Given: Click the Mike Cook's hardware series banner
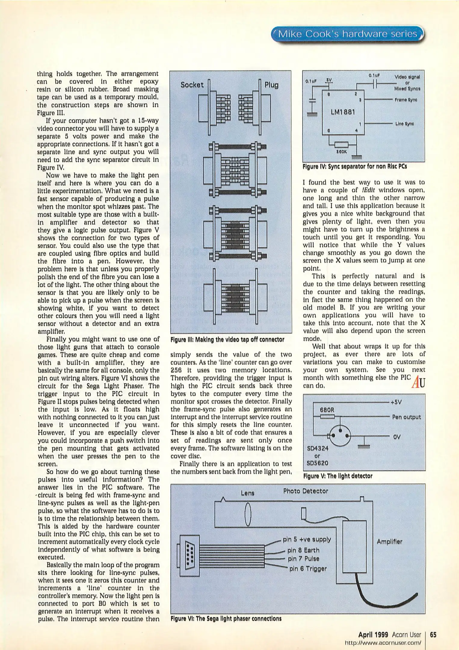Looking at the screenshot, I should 348,34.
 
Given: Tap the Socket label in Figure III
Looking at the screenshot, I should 192,85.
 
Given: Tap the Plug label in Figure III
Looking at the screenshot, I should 271,85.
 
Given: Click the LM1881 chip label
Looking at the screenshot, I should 343,112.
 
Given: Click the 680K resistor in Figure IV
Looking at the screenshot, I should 341,144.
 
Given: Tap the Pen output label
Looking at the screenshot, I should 406,417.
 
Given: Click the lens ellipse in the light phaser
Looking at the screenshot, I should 248,515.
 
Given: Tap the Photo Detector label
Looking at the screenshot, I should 305,491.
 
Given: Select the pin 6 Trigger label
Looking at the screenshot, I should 308,569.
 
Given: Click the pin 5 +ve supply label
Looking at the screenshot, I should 307,539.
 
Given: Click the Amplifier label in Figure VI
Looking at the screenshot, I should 389,542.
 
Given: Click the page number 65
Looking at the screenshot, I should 433,635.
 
